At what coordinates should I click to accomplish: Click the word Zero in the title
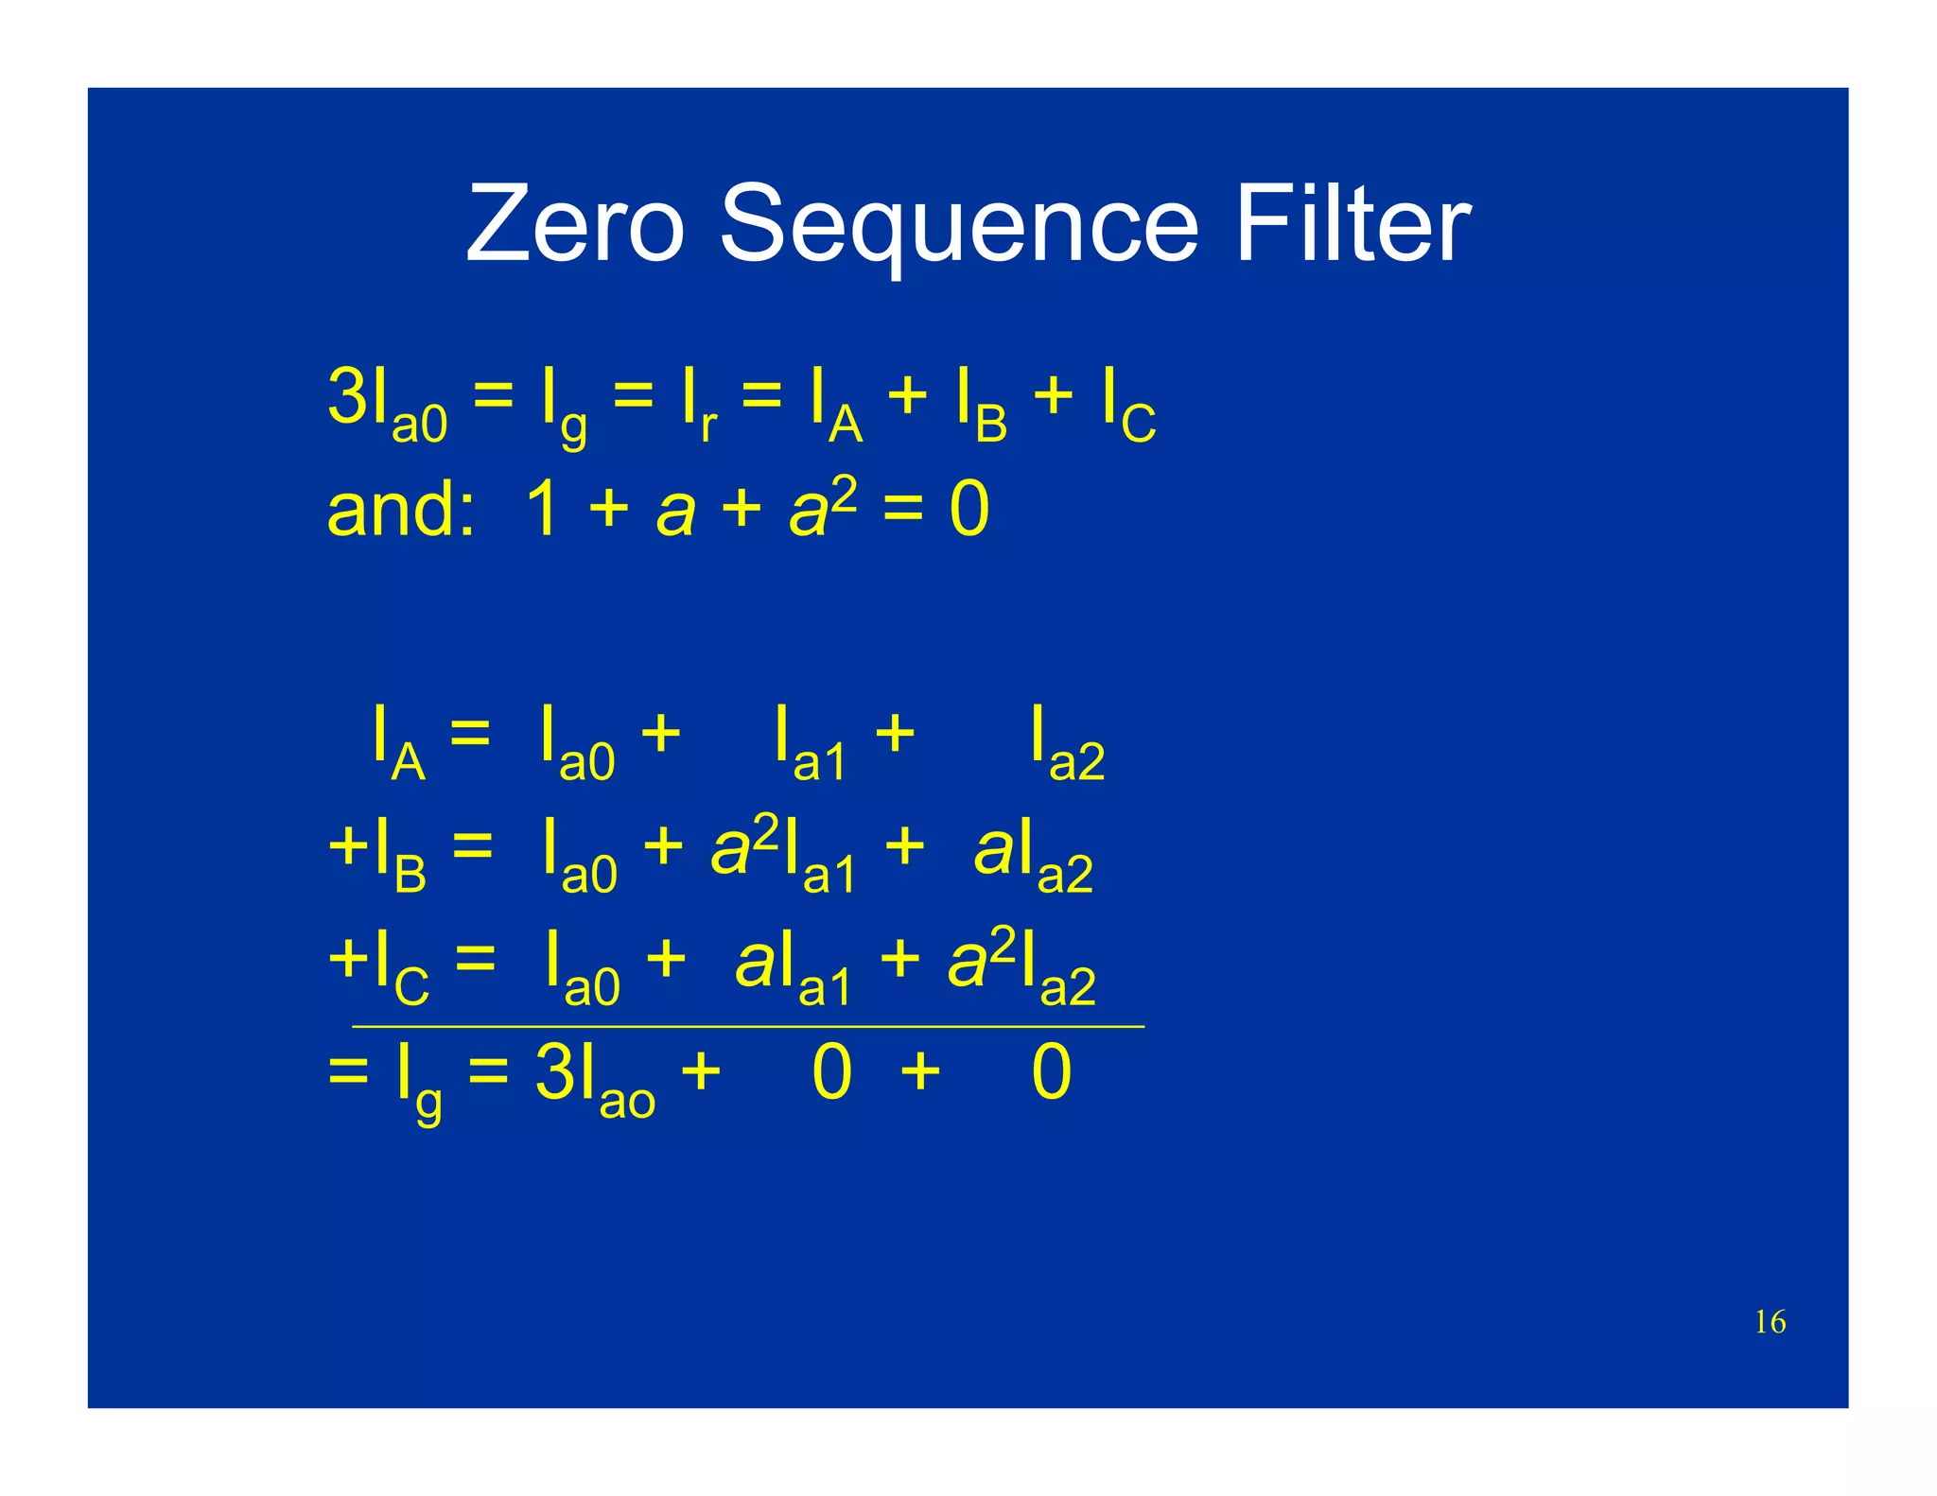point(574,225)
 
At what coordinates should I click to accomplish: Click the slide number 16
point(1770,1322)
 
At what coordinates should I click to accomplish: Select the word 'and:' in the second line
point(400,509)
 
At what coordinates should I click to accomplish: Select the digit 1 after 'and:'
point(542,509)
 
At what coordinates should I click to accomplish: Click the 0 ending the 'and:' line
point(968,509)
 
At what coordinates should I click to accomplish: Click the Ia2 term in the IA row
point(1067,742)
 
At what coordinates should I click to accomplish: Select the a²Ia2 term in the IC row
point(1021,966)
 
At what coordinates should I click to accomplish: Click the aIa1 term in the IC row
point(793,966)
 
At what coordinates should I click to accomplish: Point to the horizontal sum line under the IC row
point(747,1026)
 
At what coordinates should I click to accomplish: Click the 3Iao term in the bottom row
point(594,1078)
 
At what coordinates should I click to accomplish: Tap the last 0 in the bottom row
point(1051,1073)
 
